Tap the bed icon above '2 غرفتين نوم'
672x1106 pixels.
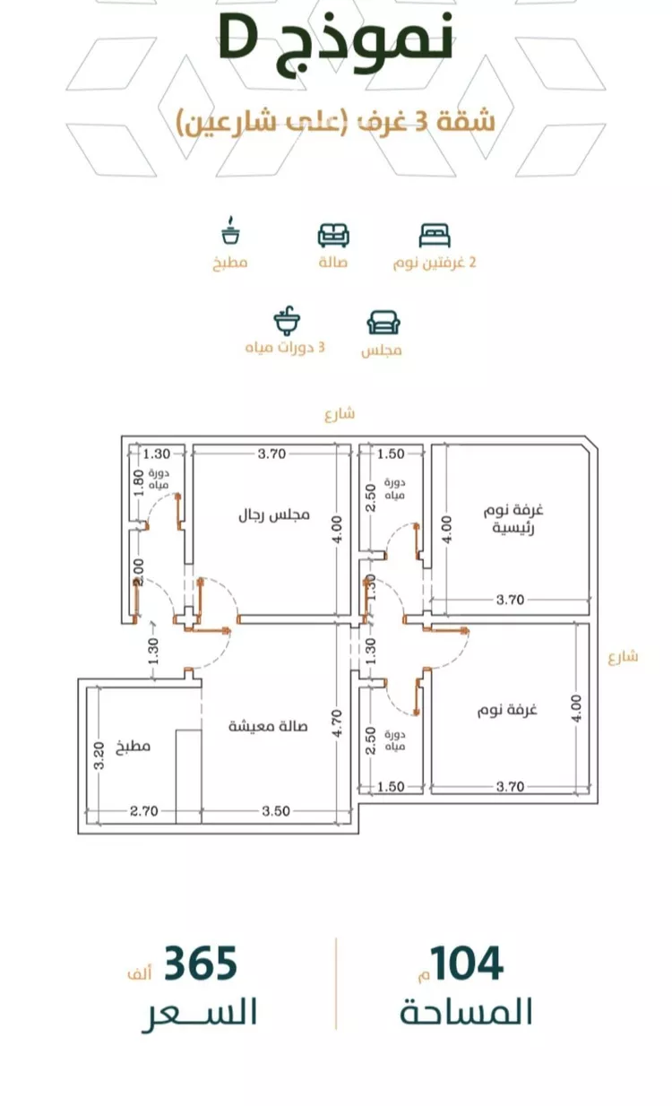point(435,236)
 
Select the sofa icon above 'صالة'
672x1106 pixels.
point(333,235)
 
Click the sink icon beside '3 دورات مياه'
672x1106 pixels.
point(287,322)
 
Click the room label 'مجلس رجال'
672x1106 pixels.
point(273,515)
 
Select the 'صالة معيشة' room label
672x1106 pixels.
point(268,726)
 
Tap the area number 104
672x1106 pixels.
point(466,964)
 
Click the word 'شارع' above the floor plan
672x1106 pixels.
point(340,413)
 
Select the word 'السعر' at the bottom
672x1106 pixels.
point(199,1014)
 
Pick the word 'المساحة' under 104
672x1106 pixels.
point(466,1014)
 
